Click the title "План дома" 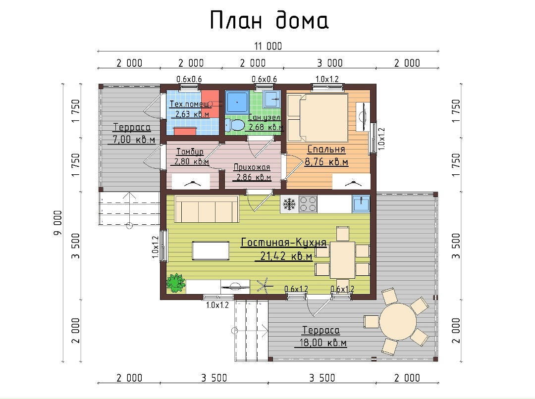click(269, 20)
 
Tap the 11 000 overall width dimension click(268, 46)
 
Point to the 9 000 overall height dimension click(58, 222)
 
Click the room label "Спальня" click(326, 149)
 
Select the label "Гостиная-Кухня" click(283, 242)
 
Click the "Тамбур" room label click(190, 152)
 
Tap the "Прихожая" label click(252, 167)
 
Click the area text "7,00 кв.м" click(134, 139)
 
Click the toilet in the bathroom click(235, 125)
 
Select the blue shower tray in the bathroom click(237, 102)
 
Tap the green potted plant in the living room click(176, 283)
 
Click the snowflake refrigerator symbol click(289, 204)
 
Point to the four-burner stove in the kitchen click(308, 204)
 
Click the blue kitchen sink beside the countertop click(361, 204)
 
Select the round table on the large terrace click(397, 321)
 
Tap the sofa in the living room click(207, 209)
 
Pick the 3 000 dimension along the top click(329, 63)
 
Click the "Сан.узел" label click(265, 117)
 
